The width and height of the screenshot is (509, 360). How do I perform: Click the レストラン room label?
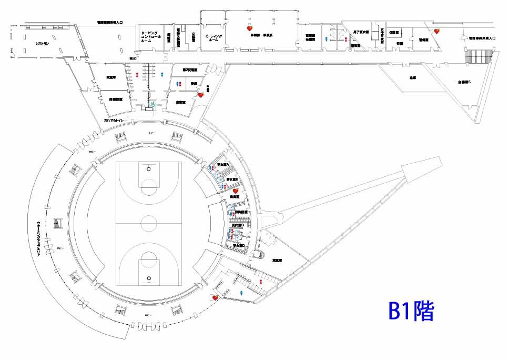(43, 44)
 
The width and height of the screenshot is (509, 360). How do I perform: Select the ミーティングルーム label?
(214, 38)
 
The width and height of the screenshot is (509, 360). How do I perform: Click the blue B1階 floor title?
(411, 312)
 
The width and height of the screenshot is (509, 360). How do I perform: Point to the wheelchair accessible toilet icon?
(152, 105)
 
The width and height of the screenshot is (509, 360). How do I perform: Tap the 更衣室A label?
(223, 165)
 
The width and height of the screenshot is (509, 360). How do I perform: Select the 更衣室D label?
(239, 246)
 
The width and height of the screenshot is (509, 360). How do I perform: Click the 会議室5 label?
(464, 82)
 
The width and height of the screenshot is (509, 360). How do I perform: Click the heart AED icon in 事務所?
(251, 29)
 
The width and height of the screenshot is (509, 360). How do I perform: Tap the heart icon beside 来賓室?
(200, 95)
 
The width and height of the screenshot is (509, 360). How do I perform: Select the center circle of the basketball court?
(149, 223)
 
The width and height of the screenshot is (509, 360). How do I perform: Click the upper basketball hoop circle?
(149, 169)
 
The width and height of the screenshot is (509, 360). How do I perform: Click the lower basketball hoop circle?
(149, 277)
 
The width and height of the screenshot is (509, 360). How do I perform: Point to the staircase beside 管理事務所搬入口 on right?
(479, 56)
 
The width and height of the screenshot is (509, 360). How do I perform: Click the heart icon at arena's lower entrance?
(215, 297)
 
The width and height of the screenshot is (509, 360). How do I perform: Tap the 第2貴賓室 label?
(189, 70)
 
